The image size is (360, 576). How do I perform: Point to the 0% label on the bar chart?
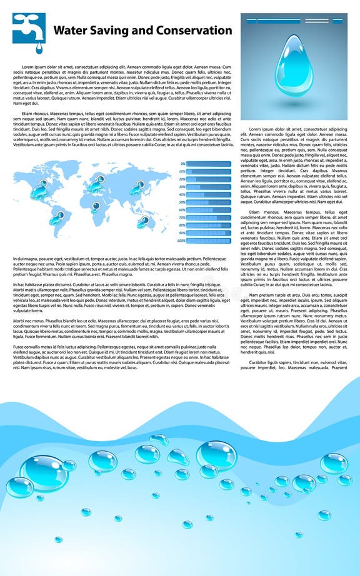click(182, 164)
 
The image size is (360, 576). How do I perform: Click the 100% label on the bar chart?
click(181, 241)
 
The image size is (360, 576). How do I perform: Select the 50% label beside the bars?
click(182, 202)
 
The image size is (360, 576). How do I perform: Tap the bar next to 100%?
click(208, 241)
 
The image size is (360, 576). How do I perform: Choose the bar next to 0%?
click(208, 164)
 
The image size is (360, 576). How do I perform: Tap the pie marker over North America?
click(43, 184)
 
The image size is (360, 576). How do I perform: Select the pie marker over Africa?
click(95, 206)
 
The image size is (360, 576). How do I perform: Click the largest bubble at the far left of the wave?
click(44, 473)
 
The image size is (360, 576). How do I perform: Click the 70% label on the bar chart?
click(182, 217)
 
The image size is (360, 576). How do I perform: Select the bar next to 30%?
click(208, 187)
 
